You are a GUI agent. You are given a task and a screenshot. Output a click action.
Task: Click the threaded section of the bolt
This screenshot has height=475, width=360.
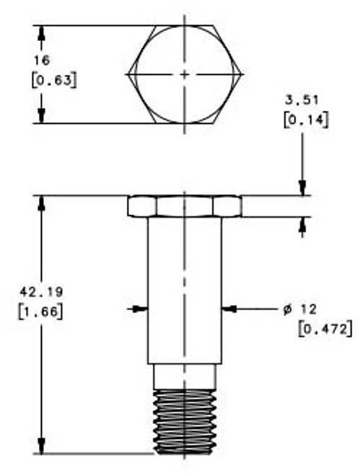(185, 422)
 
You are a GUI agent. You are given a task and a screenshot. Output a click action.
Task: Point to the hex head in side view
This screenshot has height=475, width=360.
(185, 206)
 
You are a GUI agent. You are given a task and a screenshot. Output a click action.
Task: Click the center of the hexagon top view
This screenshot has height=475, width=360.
(185, 74)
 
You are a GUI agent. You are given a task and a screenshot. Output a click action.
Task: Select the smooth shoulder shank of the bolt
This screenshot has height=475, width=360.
(185, 288)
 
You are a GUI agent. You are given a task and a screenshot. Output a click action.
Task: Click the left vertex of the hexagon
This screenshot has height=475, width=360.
(128, 74)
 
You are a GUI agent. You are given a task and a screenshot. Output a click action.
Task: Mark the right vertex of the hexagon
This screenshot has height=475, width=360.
(243, 74)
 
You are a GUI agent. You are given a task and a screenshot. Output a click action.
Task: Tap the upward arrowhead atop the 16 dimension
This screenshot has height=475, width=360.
(42, 32)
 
